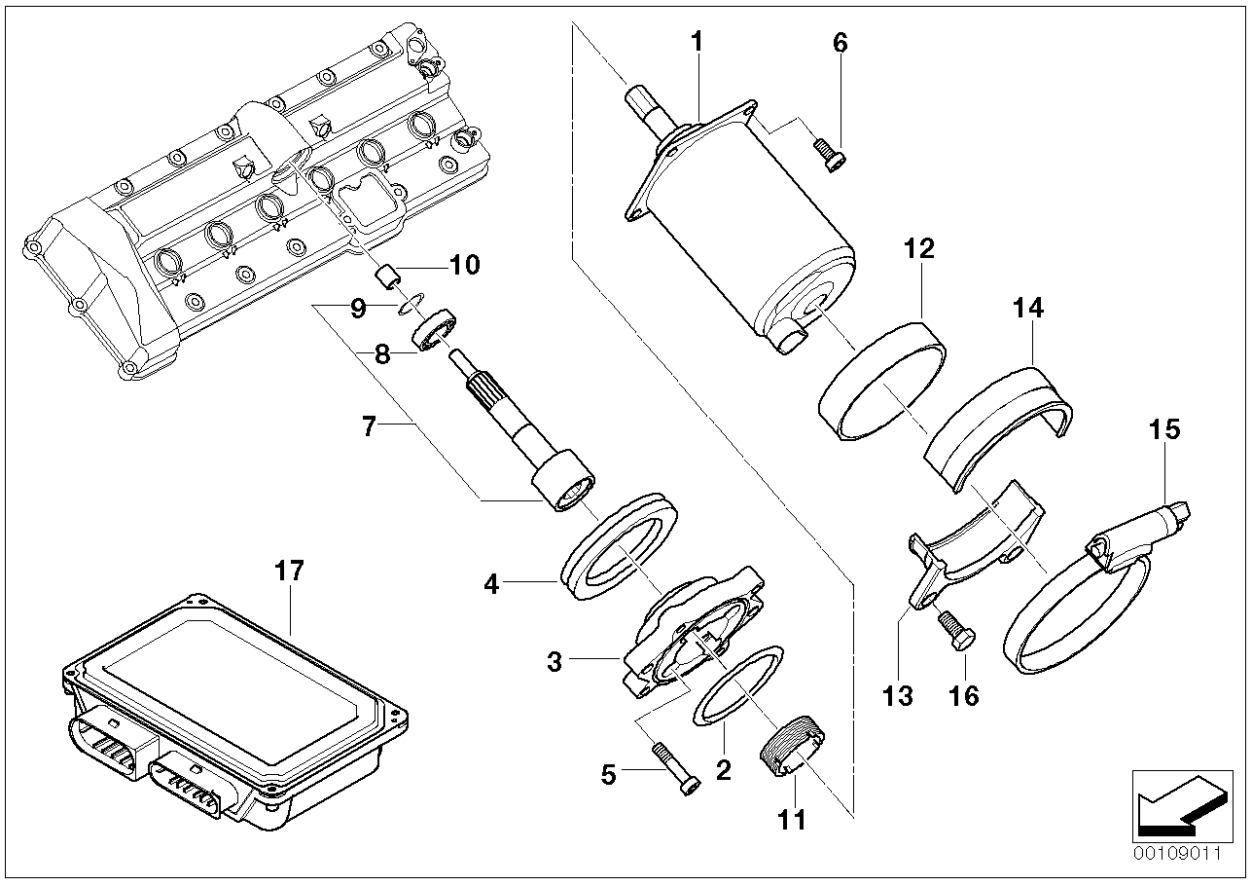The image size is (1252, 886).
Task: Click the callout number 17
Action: click(290, 571)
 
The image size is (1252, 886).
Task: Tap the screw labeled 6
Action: click(828, 152)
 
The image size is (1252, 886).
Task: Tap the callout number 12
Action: click(918, 248)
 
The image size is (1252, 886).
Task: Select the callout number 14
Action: click(1028, 309)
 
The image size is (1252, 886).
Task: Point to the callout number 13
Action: click(897, 695)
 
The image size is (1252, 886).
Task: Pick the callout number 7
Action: click(369, 426)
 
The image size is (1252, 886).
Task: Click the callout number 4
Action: click(491, 585)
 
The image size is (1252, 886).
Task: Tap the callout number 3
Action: click(554, 663)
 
